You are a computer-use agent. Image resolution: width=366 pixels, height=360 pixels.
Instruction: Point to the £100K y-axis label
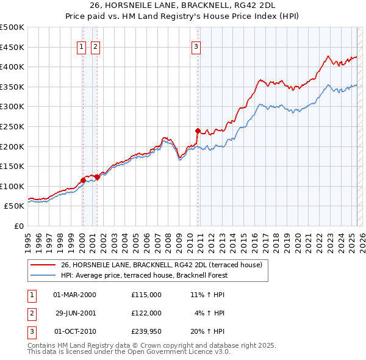[x=12, y=186]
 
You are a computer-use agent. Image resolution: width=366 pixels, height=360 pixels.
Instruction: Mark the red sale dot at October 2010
[x=198, y=131]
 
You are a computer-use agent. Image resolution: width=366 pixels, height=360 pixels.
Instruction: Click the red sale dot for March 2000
[x=83, y=180]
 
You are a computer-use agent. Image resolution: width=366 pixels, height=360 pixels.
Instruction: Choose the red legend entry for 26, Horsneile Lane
[x=161, y=265]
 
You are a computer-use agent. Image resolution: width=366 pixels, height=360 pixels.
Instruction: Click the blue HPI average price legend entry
[x=143, y=275]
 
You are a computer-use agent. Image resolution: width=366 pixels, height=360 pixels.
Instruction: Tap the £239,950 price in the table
[x=146, y=332]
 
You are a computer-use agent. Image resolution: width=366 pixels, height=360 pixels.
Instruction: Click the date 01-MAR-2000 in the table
[x=74, y=294]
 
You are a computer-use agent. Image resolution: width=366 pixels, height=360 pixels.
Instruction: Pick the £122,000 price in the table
[x=146, y=313]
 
